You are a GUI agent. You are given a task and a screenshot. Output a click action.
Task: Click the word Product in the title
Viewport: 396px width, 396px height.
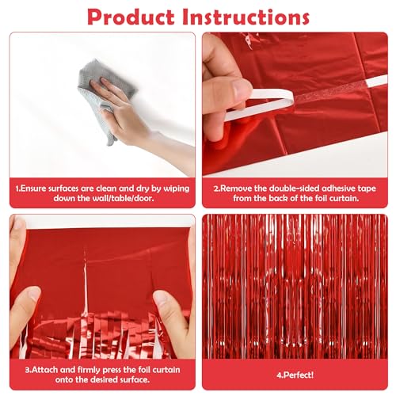[131, 17]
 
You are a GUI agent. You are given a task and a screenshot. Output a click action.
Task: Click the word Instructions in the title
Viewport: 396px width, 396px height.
[246, 17]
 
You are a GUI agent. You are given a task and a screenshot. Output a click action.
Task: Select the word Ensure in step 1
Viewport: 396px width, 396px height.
[32, 188]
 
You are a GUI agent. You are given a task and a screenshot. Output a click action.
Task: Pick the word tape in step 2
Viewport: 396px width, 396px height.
[367, 189]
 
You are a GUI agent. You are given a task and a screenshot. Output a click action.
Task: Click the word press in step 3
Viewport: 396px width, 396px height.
[112, 370]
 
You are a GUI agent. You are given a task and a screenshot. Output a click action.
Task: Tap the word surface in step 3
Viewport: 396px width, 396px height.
[135, 379]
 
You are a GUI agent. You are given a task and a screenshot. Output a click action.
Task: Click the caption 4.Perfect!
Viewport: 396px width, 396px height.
[295, 375]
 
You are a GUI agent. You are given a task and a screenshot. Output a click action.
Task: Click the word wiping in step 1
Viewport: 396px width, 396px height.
[177, 189]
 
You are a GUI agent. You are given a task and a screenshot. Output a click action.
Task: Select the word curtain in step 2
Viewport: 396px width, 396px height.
[345, 198]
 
